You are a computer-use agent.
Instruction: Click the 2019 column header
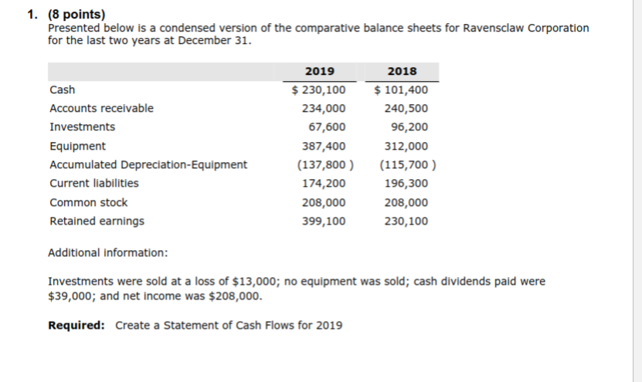coord(320,71)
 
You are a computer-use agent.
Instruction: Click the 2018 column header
coord(402,71)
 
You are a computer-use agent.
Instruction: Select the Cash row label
coord(63,90)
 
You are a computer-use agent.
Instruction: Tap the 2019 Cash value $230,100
coord(318,90)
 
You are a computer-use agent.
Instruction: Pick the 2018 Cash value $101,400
coord(401,90)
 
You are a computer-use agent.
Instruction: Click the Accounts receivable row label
coord(101,108)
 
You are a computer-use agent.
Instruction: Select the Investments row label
coord(82,127)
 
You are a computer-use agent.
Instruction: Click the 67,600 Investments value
coord(327,127)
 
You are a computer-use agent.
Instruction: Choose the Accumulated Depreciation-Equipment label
coord(148,164)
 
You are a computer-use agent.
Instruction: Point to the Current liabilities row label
coord(94,183)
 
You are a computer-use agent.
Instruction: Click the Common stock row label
coord(89,202)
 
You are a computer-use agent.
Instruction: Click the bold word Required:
coord(76,325)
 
